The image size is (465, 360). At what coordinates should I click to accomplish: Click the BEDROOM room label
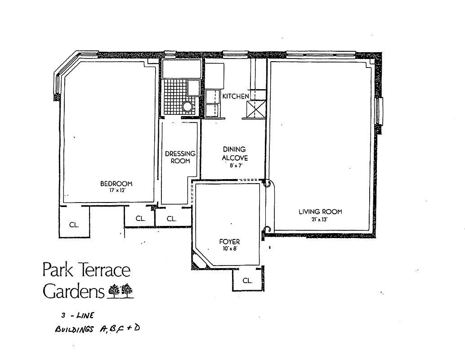point(116,183)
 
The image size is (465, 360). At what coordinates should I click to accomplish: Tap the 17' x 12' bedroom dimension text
point(116,190)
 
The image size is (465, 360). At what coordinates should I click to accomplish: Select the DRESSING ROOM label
point(180,157)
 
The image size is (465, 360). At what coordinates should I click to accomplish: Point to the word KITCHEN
point(235,96)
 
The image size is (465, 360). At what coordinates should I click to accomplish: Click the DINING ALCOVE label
point(235,153)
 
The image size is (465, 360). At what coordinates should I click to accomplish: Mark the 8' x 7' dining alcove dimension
point(235,165)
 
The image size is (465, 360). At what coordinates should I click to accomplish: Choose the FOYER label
point(229,242)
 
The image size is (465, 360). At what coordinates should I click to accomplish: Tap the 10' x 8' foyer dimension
point(229,248)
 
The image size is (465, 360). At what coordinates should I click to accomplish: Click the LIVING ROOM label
point(320,211)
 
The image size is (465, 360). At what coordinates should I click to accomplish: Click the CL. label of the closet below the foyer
point(247,280)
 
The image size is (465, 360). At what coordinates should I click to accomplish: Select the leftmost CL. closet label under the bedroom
point(74,225)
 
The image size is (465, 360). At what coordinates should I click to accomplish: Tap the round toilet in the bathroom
point(187,106)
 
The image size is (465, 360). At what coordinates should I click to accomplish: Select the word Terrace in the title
point(103,270)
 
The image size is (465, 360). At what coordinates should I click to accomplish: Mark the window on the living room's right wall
point(380,111)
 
